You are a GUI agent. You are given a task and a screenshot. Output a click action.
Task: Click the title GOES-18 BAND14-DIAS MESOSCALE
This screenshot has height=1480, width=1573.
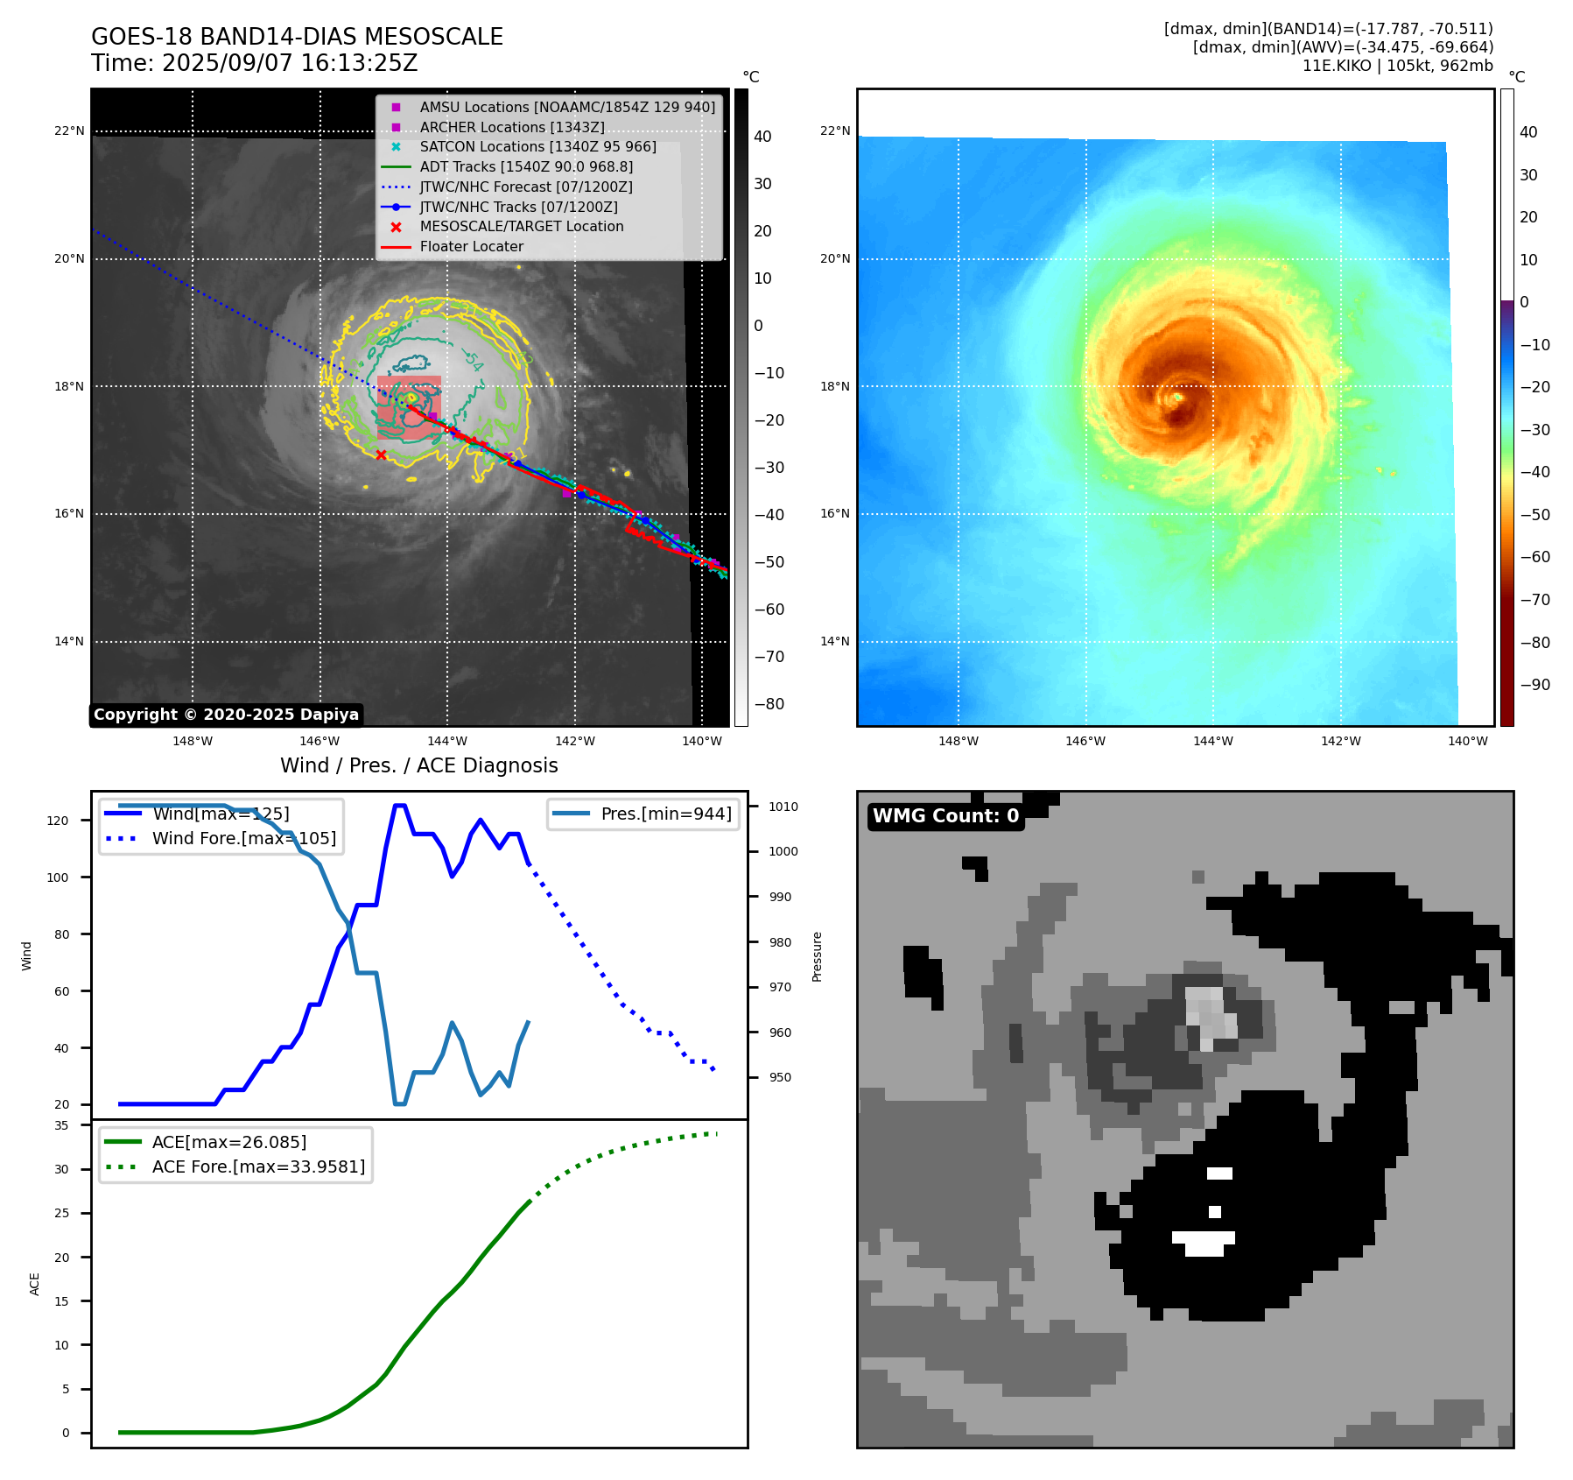297,37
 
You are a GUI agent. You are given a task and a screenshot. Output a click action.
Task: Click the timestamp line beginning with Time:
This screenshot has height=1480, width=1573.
254,63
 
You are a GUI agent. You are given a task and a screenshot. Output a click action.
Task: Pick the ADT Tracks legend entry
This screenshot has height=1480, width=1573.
525,166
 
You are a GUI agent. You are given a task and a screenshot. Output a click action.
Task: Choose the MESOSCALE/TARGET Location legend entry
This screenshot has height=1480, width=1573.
521,226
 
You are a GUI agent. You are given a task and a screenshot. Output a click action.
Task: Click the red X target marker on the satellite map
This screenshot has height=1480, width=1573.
381,455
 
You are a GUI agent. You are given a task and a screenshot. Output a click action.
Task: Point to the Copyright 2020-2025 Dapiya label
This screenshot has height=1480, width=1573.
226,715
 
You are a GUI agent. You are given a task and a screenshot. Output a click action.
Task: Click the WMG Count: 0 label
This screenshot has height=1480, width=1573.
945,816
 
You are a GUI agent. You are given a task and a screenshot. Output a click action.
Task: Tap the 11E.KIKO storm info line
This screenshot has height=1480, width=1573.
1397,66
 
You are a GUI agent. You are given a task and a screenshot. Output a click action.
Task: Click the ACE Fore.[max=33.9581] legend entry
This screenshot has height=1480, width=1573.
258,1166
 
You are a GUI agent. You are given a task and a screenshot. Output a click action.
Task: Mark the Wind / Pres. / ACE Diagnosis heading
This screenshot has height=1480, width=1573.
418,765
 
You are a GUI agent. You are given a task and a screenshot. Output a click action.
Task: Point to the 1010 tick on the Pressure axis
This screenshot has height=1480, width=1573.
783,807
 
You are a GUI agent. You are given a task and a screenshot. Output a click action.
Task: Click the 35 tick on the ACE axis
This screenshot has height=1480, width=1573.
61,1125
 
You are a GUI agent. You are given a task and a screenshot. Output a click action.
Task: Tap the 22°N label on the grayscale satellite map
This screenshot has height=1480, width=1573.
69,131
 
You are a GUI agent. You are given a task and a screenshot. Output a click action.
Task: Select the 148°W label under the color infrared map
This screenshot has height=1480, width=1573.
958,741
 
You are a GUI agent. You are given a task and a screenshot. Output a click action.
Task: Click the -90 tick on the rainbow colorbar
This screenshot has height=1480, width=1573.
1534,685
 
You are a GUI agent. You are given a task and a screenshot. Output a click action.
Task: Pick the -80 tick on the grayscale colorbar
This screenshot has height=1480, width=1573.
769,704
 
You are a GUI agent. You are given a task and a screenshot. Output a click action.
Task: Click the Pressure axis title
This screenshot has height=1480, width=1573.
817,956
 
